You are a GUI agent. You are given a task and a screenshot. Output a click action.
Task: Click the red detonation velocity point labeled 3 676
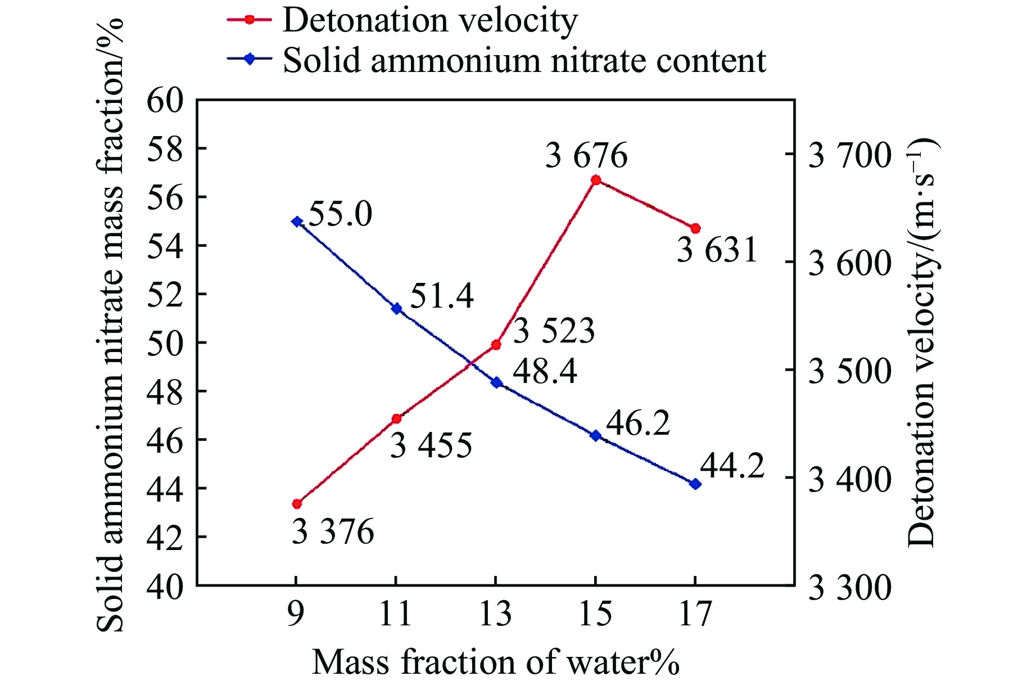click(x=596, y=180)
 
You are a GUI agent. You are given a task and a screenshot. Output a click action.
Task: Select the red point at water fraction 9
click(x=297, y=503)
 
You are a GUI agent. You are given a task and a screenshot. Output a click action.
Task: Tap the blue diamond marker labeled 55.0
click(x=297, y=222)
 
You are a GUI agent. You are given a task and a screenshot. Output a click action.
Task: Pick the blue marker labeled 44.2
click(x=695, y=484)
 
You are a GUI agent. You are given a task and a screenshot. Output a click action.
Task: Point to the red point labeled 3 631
click(x=695, y=228)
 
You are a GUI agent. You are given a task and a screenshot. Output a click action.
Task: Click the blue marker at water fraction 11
click(x=396, y=308)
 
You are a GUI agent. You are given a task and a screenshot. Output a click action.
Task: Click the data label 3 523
click(x=554, y=331)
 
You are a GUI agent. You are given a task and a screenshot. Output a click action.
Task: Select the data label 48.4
click(x=545, y=372)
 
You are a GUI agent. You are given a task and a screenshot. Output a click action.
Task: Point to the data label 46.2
click(x=638, y=423)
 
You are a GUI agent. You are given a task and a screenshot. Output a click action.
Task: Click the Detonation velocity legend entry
click(x=429, y=21)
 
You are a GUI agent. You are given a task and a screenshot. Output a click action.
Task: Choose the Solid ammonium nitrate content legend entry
click(x=524, y=60)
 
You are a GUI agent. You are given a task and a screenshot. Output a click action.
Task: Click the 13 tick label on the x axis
click(x=495, y=614)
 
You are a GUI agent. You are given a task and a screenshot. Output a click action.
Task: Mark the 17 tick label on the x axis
click(x=695, y=614)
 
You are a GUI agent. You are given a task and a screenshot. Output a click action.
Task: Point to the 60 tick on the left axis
click(x=165, y=101)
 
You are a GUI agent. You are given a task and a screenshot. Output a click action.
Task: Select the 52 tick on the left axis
click(x=165, y=295)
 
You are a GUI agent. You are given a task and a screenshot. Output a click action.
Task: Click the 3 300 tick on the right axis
click(x=849, y=588)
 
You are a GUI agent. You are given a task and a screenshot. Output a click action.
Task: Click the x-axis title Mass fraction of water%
click(x=495, y=662)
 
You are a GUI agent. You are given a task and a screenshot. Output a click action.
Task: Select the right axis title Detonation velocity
click(x=921, y=343)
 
